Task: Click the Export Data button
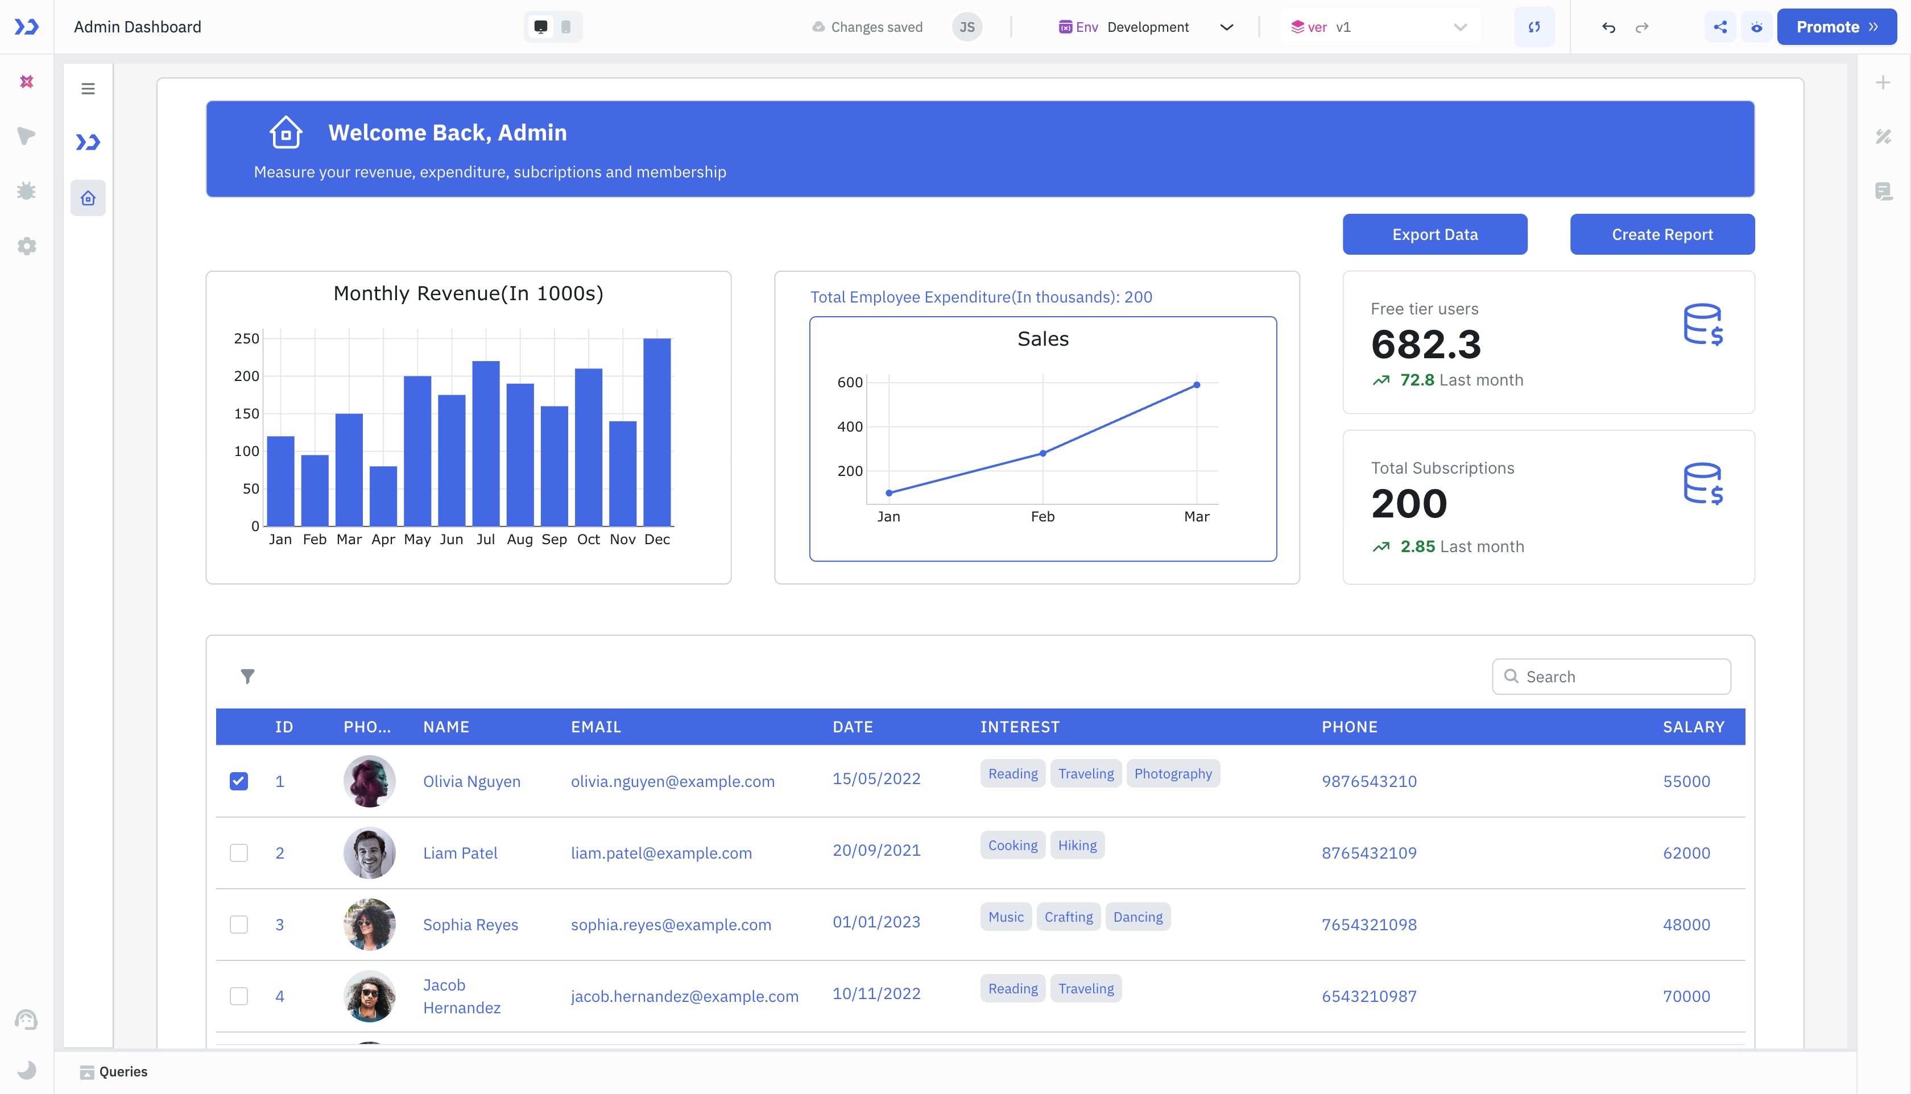[x=1434, y=234]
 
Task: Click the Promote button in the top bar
[x=1835, y=27]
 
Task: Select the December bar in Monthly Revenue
[x=657, y=432]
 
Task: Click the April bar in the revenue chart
[x=383, y=496]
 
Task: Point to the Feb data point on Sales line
[x=1043, y=453]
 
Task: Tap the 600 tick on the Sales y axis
[x=850, y=383]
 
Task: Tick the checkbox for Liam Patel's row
[x=239, y=853]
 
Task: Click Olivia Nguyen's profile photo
[x=369, y=781]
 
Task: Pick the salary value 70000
[x=1686, y=996]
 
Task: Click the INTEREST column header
[x=1019, y=727]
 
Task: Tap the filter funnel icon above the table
[x=247, y=676]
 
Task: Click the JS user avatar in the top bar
[x=966, y=27]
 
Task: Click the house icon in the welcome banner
[x=286, y=132]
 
